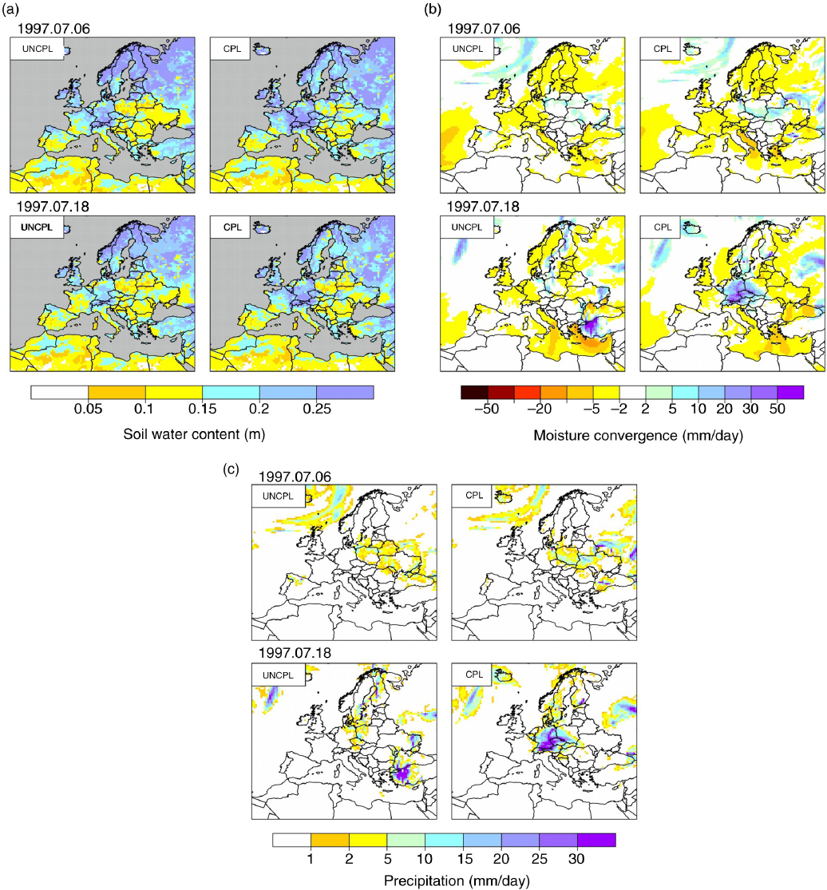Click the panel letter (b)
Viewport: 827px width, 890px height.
click(x=433, y=9)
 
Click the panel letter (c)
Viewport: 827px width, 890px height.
click(x=231, y=469)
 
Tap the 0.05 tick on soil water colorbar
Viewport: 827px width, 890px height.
click(x=88, y=409)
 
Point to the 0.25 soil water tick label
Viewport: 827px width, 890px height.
click(x=317, y=409)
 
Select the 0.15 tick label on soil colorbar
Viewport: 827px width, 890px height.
click(x=203, y=409)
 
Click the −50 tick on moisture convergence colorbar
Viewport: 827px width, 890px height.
click(x=487, y=409)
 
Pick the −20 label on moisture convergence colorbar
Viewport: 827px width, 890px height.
click(x=539, y=409)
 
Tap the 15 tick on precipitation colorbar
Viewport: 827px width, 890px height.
click(x=465, y=859)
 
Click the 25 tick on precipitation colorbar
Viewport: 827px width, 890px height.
click(x=539, y=859)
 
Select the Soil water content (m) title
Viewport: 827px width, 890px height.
click(x=194, y=434)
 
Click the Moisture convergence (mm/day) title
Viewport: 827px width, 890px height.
click(x=638, y=435)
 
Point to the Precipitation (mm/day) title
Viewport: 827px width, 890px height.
click(x=457, y=881)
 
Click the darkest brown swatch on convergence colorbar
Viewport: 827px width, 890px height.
click(x=474, y=392)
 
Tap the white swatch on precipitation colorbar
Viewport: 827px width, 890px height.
click(x=291, y=840)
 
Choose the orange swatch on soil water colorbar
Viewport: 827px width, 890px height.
click(x=117, y=392)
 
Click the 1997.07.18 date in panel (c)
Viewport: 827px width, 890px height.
click(x=295, y=653)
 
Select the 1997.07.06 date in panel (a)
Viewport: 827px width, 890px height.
click(x=53, y=29)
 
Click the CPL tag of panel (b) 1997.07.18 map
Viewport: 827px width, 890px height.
click(x=663, y=227)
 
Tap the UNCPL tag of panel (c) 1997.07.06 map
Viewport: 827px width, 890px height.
click(x=278, y=496)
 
